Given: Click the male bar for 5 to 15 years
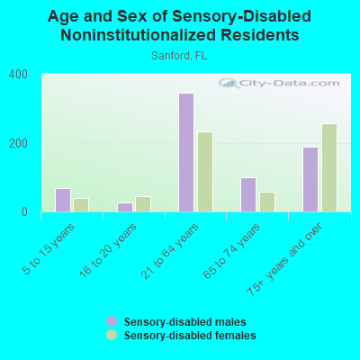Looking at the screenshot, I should click(62, 200).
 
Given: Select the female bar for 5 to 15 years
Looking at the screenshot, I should click(81, 205).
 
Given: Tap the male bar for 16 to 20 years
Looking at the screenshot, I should click(124, 207).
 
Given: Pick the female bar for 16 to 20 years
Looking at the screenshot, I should click(142, 204).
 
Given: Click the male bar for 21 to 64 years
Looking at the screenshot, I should click(186, 153).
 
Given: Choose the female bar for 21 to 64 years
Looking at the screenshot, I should click(205, 172).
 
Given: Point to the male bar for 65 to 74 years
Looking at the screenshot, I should click(248, 194).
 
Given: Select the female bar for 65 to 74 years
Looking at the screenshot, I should click(267, 202).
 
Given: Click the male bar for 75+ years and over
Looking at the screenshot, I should click(310, 179).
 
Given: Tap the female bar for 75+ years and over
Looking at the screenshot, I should click(329, 168).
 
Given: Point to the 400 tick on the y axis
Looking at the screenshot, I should click(19, 75).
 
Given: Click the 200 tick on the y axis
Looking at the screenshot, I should click(19, 143).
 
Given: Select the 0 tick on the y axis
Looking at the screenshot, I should click(25, 212).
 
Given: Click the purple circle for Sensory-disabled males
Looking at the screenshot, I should click(112, 321).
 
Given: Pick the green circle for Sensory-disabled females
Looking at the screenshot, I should click(112, 335).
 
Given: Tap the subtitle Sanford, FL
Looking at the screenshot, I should click(179, 55).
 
